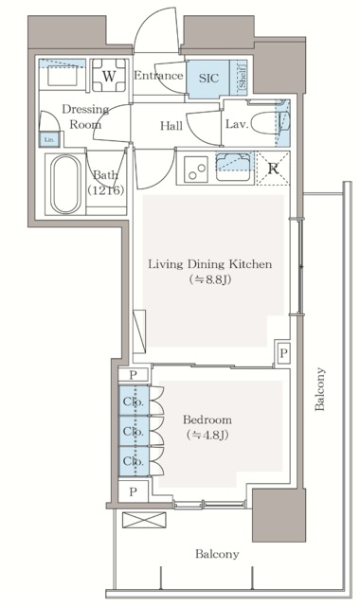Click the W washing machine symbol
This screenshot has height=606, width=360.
110,76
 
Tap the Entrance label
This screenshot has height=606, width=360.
157,76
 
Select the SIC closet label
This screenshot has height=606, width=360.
208,80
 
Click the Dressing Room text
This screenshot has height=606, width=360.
86,116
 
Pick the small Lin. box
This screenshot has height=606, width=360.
48,140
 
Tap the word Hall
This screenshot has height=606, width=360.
171,125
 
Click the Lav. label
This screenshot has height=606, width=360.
237,124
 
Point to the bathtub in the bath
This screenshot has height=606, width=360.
66,185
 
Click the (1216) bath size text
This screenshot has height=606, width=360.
105,190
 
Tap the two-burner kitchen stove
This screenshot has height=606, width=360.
199,170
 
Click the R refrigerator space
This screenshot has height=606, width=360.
273,170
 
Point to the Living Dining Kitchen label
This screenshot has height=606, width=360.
209,264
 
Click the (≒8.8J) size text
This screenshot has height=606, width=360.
209,281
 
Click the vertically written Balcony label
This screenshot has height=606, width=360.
321,389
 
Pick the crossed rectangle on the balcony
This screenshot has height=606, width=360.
135,521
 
